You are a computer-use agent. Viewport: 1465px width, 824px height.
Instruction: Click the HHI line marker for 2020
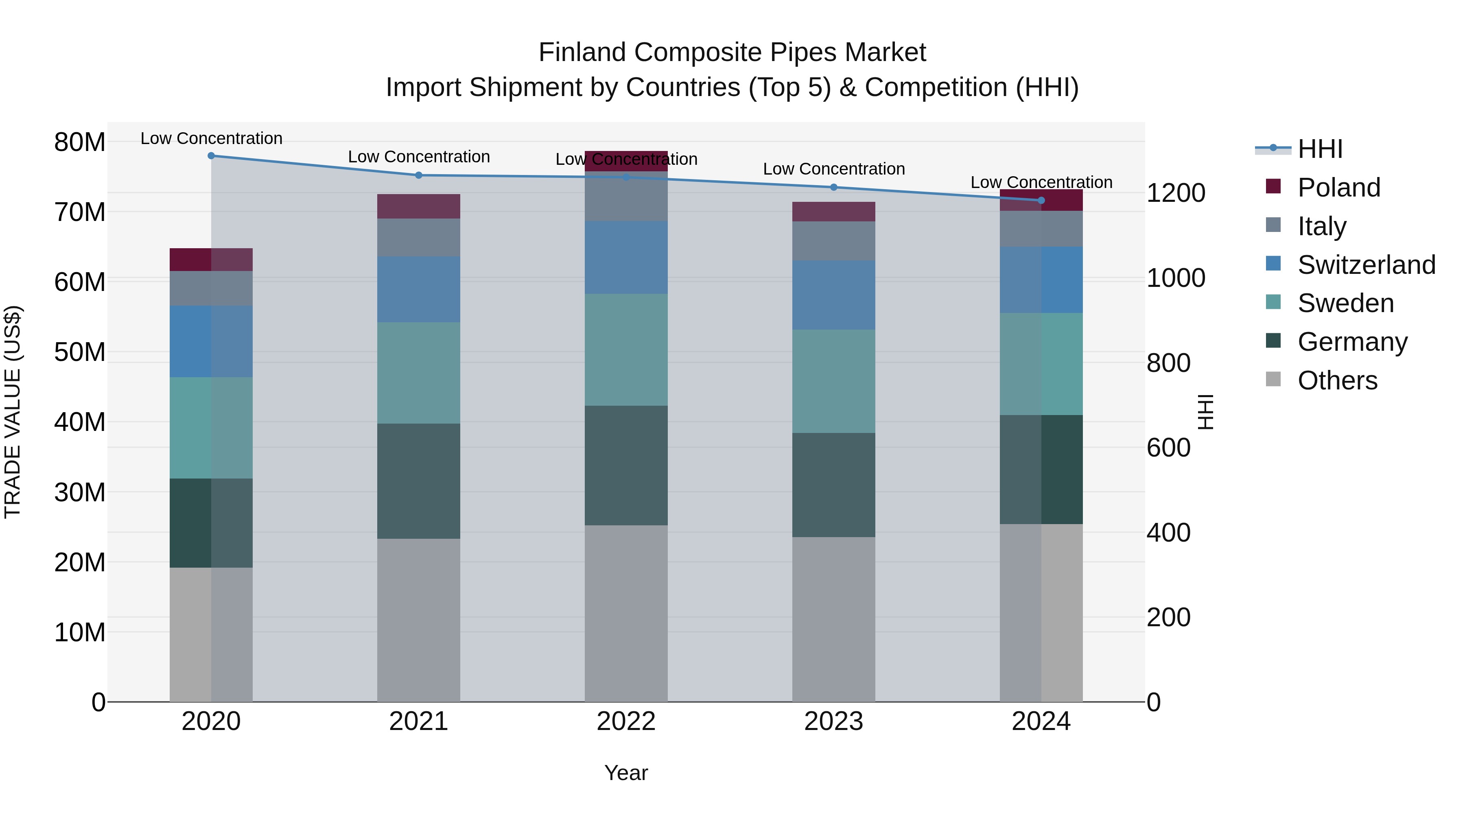coord(211,156)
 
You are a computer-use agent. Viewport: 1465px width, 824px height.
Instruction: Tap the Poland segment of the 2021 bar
coord(419,206)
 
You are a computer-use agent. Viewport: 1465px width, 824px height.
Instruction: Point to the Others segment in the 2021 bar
coord(419,620)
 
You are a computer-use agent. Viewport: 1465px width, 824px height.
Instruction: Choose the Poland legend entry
coord(1338,188)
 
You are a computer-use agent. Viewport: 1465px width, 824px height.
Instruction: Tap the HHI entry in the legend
coord(1319,149)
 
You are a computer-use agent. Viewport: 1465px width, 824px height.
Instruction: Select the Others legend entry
coord(1337,380)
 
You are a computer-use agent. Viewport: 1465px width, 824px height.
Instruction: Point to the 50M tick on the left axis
coord(80,352)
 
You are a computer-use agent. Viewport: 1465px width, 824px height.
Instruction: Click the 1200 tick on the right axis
coord(1175,193)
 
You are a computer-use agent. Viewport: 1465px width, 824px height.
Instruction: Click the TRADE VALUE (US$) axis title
coord(13,412)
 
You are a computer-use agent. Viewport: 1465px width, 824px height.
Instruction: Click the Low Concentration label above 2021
coord(419,157)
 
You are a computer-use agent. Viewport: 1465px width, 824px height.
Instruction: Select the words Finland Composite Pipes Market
coord(732,52)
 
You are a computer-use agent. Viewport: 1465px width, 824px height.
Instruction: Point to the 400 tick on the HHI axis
coord(1168,533)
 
